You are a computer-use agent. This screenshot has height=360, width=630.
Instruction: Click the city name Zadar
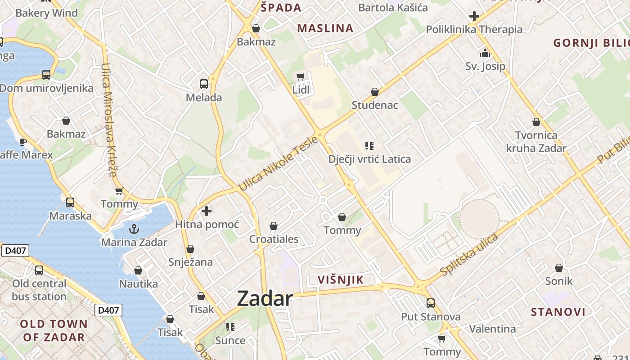click(265, 298)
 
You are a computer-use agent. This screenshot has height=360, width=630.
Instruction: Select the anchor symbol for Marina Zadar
click(134, 229)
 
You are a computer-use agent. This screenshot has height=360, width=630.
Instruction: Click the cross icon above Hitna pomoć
click(207, 211)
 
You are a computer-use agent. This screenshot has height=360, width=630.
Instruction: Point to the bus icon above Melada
click(204, 84)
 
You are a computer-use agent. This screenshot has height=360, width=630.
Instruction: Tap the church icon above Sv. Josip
click(485, 53)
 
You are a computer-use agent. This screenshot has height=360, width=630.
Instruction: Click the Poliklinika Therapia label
click(474, 30)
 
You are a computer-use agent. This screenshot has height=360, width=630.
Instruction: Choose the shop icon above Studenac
click(374, 92)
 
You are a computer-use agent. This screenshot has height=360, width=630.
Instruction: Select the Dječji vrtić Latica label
click(369, 159)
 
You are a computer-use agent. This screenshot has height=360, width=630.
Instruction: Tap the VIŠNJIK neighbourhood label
click(340, 279)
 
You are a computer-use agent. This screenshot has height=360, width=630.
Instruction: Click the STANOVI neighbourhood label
click(558, 312)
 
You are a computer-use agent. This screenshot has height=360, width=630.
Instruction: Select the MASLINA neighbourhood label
click(325, 28)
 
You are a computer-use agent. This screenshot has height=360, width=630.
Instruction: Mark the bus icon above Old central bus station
click(39, 270)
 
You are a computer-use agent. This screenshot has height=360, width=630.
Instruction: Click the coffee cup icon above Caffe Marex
click(22, 142)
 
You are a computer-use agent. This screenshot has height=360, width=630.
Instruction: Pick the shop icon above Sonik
click(558, 268)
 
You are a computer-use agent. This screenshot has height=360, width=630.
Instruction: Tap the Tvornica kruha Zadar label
click(536, 141)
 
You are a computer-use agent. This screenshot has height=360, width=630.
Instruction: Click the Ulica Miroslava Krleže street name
click(109, 119)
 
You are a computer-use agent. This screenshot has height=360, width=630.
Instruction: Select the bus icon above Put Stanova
click(431, 303)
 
